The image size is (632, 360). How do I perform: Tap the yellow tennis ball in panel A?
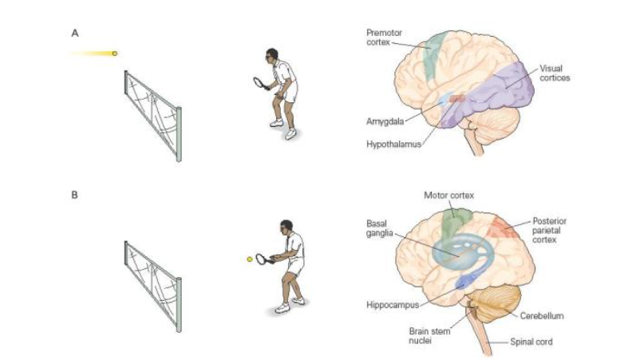(x=115, y=53)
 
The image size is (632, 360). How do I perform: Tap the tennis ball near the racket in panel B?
(x=250, y=259)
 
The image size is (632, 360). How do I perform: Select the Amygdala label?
(x=384, y=121)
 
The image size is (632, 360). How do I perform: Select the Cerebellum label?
(x=544, y=316)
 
